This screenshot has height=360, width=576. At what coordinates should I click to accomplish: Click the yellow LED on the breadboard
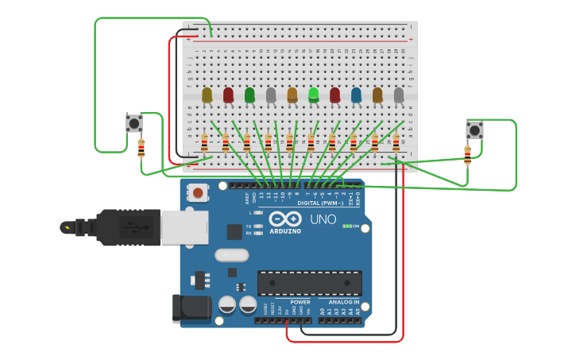[x=207, y=95]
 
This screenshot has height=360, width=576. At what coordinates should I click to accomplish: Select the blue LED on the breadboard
[x=356, y=95]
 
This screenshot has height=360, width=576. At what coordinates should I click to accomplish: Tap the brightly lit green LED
[x=314, y=95]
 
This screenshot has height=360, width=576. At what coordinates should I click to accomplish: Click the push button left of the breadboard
[x=134, y=123]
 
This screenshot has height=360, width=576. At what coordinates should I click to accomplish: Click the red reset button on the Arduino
[x=198, y=192]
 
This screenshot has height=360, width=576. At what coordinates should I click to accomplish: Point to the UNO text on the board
[x=323, y=219]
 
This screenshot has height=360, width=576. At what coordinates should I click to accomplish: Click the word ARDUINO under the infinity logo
[x=285, y=231]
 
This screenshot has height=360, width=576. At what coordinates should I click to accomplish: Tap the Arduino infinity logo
[x=284, y=219]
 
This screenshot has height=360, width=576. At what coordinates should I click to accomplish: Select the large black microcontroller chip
[x=309, y=283]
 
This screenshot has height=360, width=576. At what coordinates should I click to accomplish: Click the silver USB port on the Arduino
[x=184, y=227]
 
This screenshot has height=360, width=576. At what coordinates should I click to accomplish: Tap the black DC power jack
[x=191, y=308]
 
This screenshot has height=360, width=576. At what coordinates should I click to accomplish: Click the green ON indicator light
[x=346, y=226]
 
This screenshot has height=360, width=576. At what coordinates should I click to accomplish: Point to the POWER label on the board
[x=300, y=302]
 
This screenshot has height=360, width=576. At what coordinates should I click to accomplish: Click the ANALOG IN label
[x=344, y=302]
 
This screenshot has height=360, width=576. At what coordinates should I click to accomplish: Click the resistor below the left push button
[x=141, y=149]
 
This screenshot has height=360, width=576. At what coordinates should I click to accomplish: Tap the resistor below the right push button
[x=467, y=155]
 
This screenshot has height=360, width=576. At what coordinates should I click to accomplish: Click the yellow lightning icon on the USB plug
[x=67, y=227]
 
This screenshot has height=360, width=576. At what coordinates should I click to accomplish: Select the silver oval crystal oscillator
[x=231, y=255]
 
